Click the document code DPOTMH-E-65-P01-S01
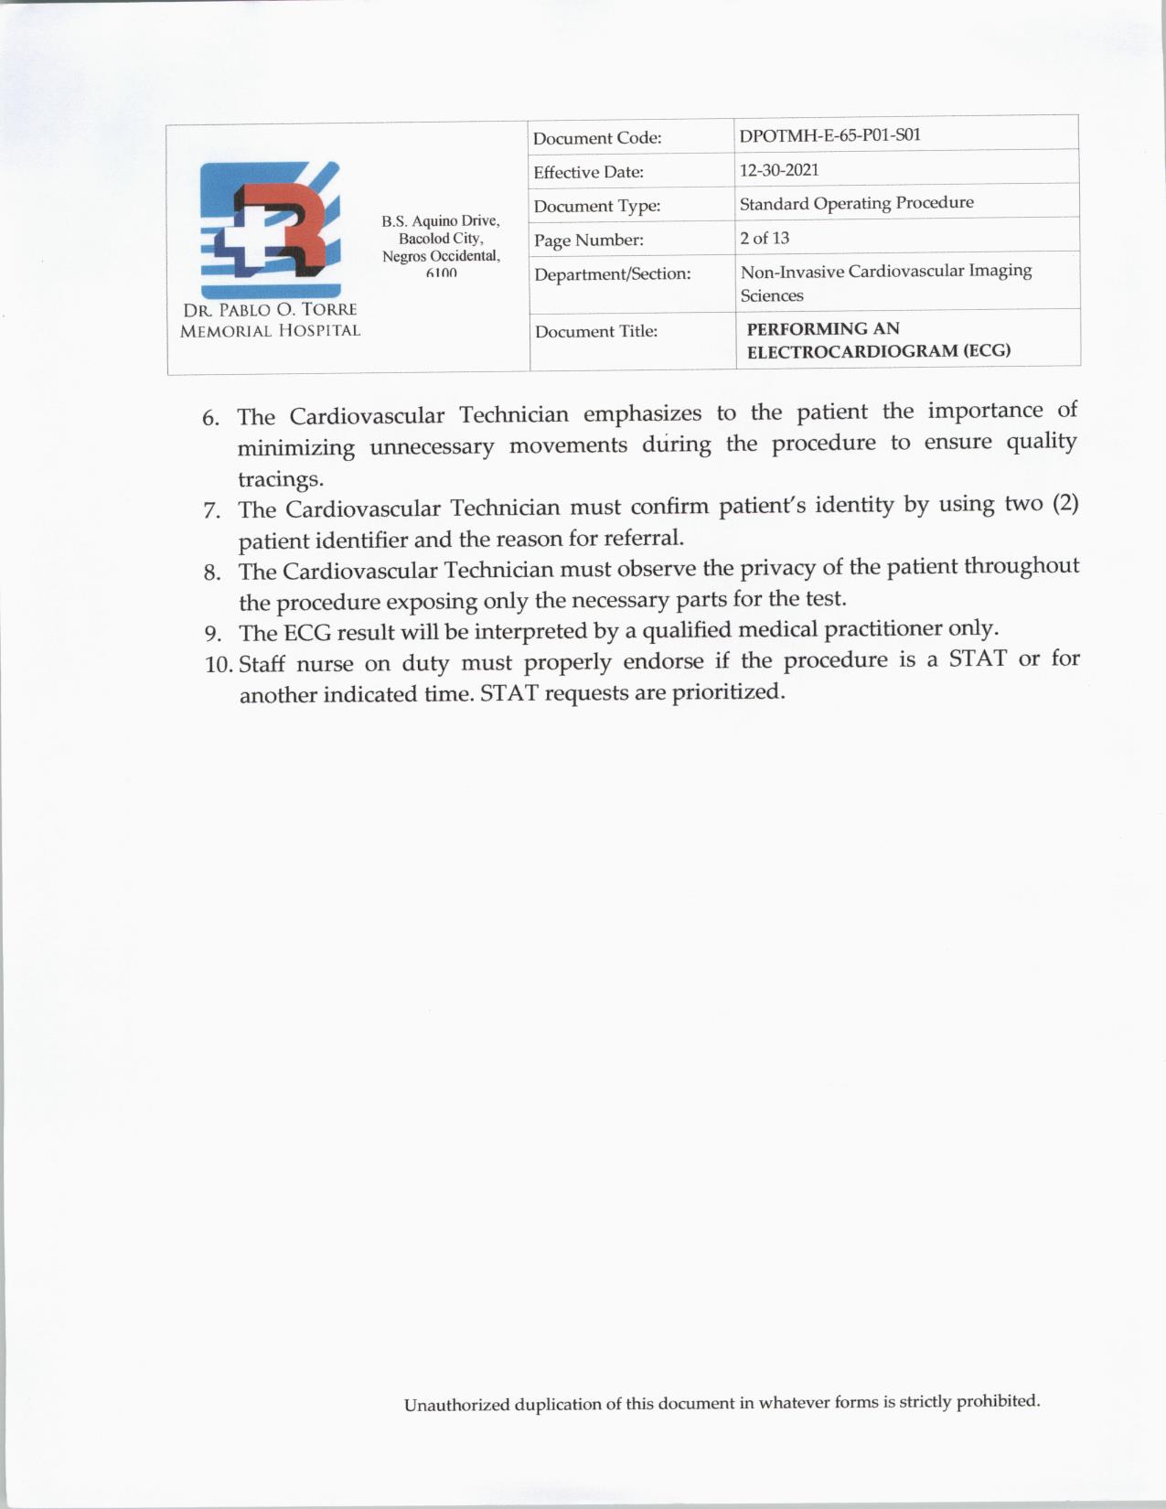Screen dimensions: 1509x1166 coord(829,135)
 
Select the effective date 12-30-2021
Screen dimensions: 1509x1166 coord(779,170)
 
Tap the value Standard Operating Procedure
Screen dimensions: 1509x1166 coord(856,203)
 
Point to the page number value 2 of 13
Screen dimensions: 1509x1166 coord(765,238)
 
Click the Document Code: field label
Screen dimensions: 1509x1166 coord(597,138)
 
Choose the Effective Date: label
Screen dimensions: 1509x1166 coord(588,172)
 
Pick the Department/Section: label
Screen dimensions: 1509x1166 coord(612,273)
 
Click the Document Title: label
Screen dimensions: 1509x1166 coord(596,331)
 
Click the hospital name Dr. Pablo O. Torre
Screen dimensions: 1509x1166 coord(270,310)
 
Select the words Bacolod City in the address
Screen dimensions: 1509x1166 coord(441,239)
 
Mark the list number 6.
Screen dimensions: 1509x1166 coord(210,419)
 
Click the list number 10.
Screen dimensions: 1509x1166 coord(219,664)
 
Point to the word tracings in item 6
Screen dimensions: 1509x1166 coord(280,479)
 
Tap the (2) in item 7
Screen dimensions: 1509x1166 coord(1064,504)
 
